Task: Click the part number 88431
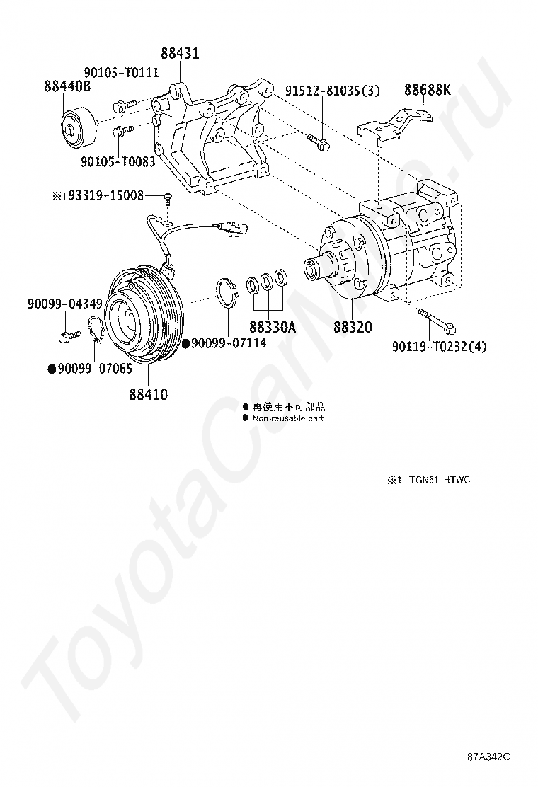(x=179, y=54)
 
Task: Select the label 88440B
(x=67, y=86)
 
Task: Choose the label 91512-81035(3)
(x=333, y=91)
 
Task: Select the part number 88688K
(x=428, y=90)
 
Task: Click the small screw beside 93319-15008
(x=167, y=197)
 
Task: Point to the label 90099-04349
(x=65, y=304)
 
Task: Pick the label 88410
(x=148, y=394)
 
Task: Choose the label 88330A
(x=272, y=328)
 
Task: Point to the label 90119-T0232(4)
(x=440, y=346)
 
